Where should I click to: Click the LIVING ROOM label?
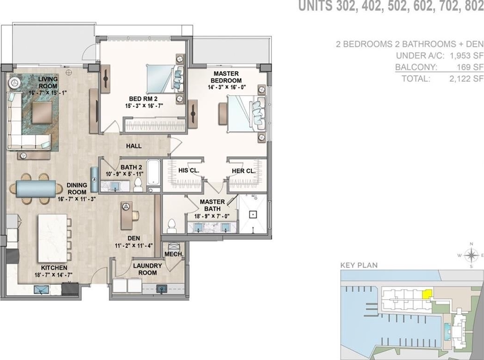48,82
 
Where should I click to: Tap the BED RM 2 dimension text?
144,106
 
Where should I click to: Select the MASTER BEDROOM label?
226,77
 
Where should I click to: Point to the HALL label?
134,146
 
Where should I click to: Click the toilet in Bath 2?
138,184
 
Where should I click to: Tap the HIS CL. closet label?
189,170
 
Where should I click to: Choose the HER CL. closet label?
243,171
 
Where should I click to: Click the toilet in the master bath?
171,226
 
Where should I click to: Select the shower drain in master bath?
253,214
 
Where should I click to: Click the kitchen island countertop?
52,238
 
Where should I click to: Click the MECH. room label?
174,255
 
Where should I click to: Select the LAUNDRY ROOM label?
148,269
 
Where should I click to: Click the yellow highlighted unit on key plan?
427,294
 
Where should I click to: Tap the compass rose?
471,255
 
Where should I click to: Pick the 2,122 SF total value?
466,79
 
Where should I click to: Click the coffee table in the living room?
42,113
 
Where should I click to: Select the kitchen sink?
41,289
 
